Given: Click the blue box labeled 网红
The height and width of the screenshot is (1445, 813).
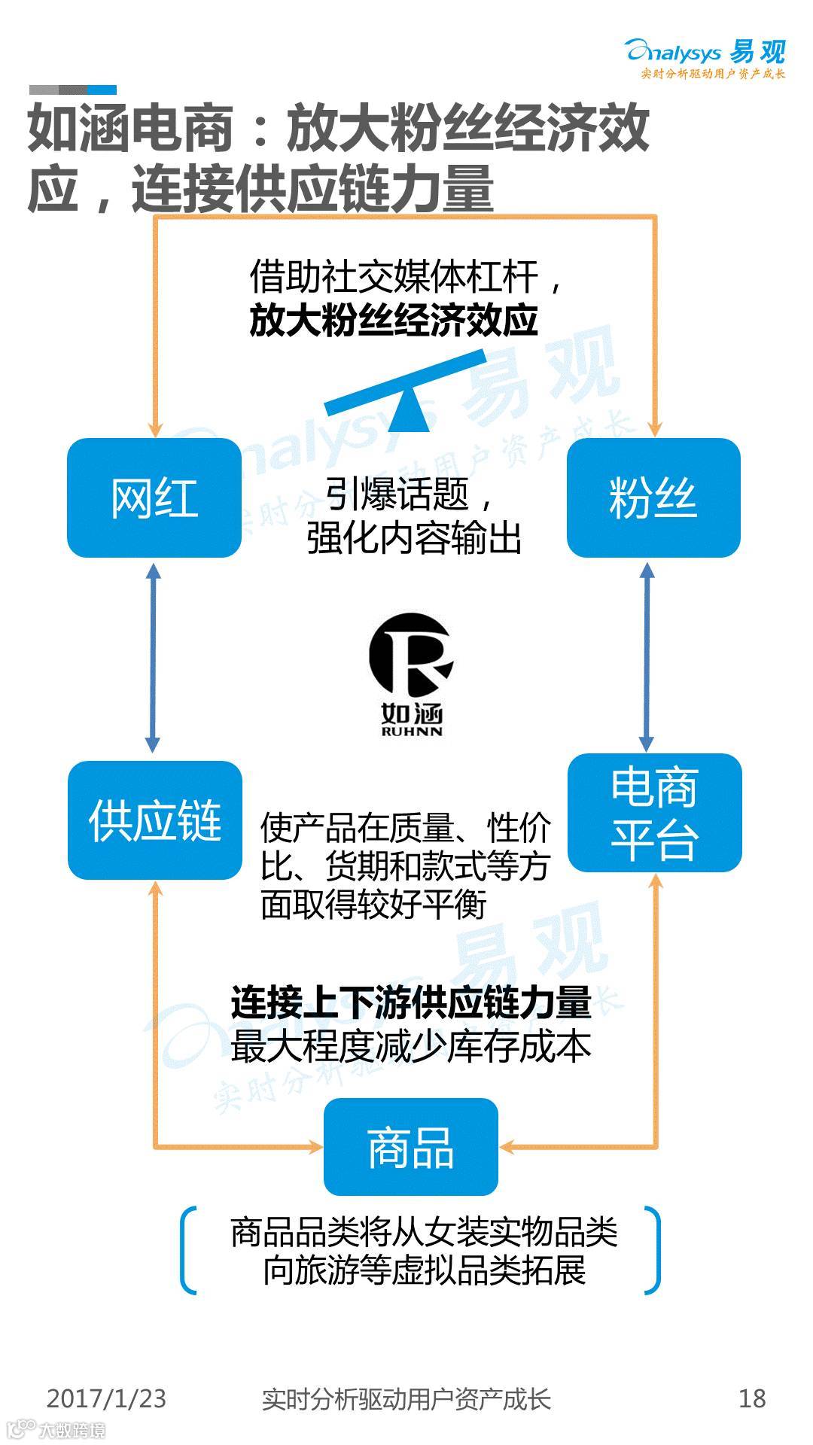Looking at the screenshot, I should tap(154, 497).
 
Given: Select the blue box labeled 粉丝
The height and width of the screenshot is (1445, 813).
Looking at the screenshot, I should tap(653, 497).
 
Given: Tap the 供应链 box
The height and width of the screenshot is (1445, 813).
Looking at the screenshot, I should tap(155, 820).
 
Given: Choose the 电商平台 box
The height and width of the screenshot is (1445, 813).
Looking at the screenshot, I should tap(654, 813).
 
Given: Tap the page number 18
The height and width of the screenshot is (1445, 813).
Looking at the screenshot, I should tap(752, 1398).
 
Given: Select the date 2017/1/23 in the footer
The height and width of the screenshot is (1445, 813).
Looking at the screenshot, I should tap(106, 1398).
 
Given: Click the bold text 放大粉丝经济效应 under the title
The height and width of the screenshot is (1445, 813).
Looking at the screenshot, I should tap(394, 321).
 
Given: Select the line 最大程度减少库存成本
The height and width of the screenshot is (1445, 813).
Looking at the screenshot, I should tap(411, 1047).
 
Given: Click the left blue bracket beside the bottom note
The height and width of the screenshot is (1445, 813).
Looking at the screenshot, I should tap(188, 1250).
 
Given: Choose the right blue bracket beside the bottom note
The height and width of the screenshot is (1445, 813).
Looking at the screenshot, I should tap(653, 1250).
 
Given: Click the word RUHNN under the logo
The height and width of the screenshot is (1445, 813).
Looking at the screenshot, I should tap(412, 731).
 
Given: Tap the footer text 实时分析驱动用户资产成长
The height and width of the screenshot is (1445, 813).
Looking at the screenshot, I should tap(406, 1398).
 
